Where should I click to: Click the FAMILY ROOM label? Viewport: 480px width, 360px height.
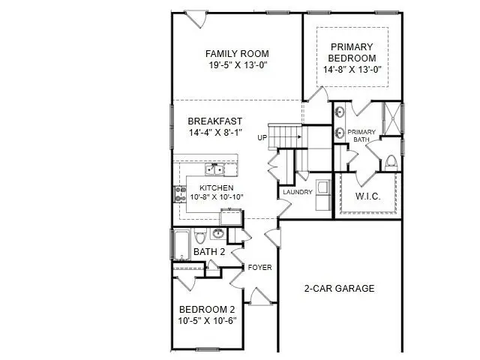tap(237, 54)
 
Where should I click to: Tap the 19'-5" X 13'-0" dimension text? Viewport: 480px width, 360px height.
tap(237, 65)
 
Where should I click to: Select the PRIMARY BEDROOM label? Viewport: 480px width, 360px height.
tap(352, 52)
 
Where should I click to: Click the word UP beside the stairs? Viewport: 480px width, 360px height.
tap(262, 138)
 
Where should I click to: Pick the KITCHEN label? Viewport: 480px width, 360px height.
tap(217, 187)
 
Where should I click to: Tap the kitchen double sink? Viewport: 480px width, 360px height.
tap(216, 169)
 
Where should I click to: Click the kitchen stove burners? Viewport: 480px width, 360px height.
tap(180, 193)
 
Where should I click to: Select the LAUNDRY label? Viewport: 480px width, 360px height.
tap(297, 193)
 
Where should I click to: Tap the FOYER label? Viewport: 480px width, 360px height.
tap(259, 267)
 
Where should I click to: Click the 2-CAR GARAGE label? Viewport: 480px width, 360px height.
tap(339, 288)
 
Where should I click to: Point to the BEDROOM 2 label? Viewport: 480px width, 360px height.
tap(206, 309)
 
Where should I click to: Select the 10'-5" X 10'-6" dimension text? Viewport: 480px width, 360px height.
tap(206, 320)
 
